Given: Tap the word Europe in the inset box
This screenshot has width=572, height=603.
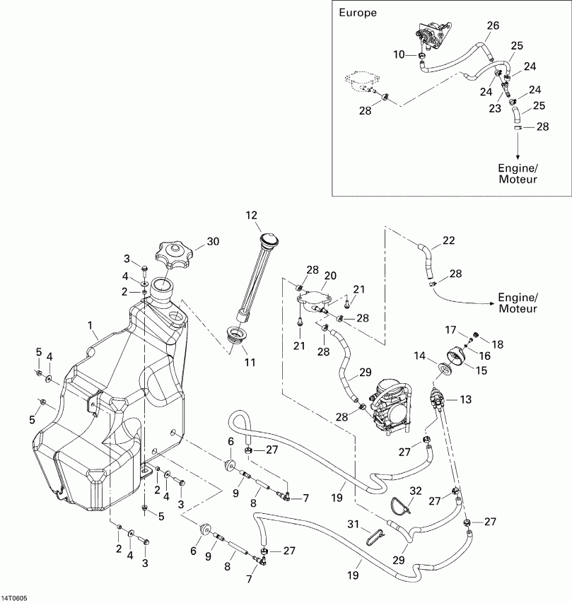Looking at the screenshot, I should pyautogui.click(x=358, y=13).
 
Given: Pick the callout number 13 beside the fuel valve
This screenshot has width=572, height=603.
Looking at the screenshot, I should pyautogui.click(x=465, y=400).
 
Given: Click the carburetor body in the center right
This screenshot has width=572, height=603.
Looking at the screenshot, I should pyautogui.click(x=390, y=406).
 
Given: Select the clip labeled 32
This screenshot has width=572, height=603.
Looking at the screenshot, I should pyautogui.click(x=401, y=504).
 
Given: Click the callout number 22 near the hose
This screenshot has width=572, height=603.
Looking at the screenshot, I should pyautogui.click(x=448, y=241).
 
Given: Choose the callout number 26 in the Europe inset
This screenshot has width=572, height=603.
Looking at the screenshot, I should pyautogui.click(x=492, y=25).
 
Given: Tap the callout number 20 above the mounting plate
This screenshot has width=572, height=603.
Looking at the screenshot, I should pyautogui.click(x=330, y=275).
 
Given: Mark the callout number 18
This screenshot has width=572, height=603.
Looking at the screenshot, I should pyautogui.click(x=498, y=344).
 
